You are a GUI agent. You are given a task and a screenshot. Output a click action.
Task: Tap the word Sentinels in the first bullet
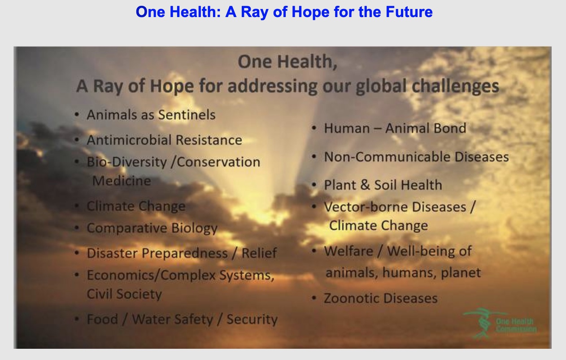187,115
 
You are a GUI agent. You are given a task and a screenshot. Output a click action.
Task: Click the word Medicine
122,181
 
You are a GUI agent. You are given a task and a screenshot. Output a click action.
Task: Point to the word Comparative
127,228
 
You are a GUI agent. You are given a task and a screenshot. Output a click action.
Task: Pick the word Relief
259,253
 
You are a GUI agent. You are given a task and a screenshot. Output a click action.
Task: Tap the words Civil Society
124,294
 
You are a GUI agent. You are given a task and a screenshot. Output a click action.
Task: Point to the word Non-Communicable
387,157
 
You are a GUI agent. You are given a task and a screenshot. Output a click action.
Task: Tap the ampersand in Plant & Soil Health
365,185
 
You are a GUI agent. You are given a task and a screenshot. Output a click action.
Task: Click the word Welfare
348,251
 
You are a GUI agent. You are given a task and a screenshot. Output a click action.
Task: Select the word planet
461,273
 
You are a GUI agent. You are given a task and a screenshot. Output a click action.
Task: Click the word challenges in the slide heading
455,87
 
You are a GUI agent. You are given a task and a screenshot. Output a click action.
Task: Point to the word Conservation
218,162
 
